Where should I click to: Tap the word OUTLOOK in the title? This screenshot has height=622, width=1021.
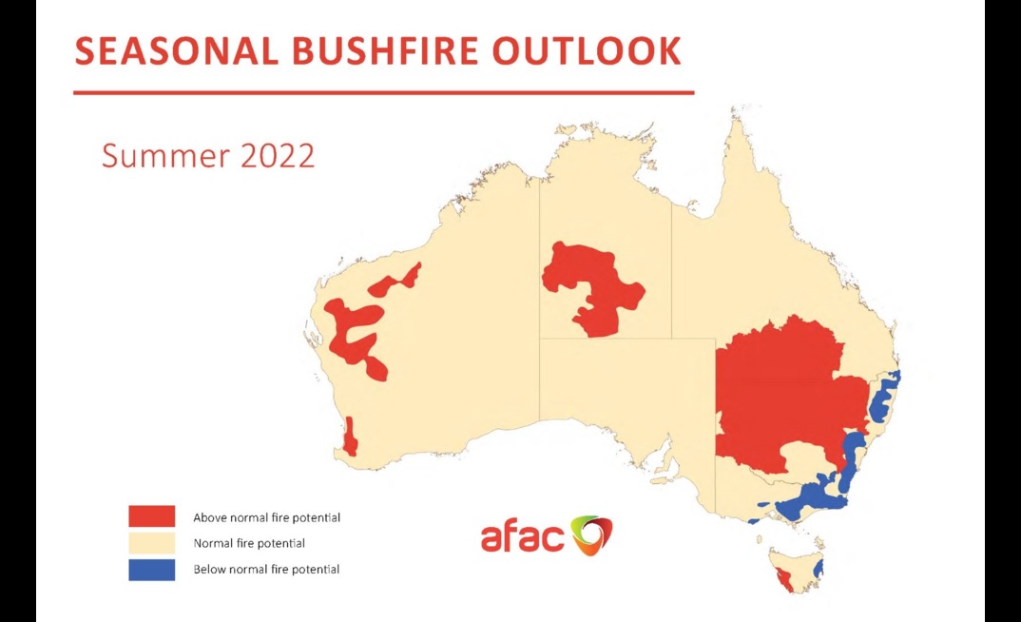tap(587, 51)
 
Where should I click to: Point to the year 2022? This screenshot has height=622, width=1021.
tap(277, 155)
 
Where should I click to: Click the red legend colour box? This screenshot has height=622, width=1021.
tap(152, 516)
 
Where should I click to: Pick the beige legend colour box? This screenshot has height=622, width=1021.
tap(152, 543)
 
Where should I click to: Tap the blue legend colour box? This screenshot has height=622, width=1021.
tap(152, 569)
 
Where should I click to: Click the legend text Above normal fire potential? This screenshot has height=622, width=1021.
tap(266, 518)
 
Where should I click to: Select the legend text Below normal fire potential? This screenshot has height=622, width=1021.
tap(266, 570)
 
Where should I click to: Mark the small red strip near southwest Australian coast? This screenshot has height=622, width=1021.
tap(350, 437)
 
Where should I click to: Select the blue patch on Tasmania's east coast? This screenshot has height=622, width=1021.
tap(819, 569)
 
